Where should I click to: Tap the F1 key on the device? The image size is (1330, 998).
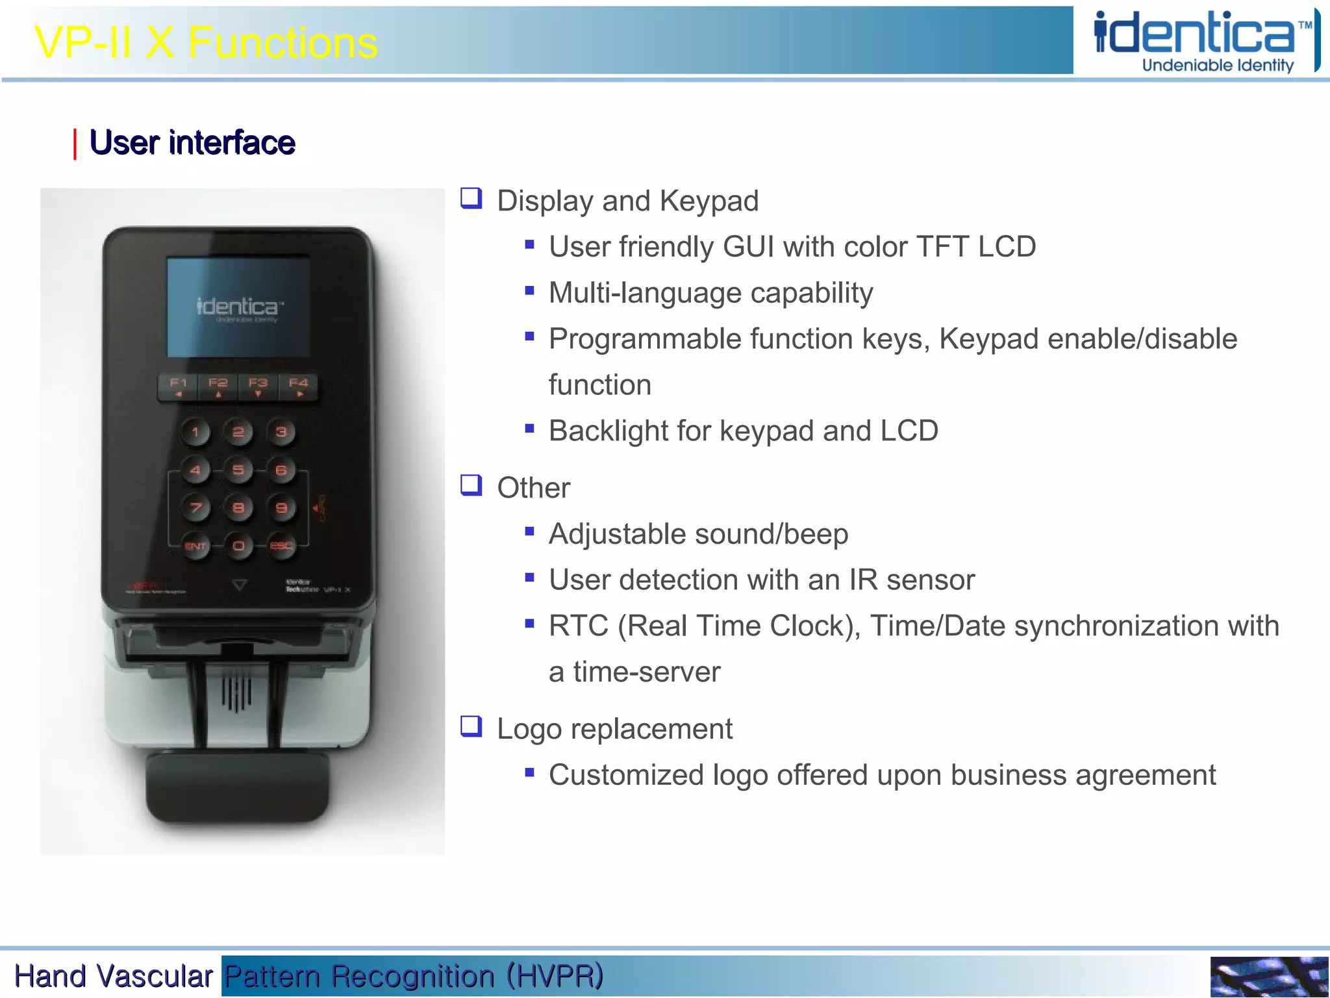tap(178, 387)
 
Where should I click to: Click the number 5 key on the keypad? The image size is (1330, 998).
tap(238, 470)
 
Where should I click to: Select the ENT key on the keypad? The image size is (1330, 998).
tap(195, 546)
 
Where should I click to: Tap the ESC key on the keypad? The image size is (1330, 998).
tap(281, 546)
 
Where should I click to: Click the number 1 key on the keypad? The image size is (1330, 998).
tap(195, 431)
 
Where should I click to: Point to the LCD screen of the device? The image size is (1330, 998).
tap(238, 307)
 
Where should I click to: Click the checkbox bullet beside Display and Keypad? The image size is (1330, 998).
tap(471, 198)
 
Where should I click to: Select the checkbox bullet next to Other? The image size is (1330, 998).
tap(471, 485)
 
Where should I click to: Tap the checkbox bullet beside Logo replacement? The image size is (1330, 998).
tap(471, 726)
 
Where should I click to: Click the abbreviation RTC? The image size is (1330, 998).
tap(579, 626)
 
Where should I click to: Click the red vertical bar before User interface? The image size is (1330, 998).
tap(75, 144)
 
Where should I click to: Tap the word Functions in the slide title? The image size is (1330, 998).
tap(282, 44)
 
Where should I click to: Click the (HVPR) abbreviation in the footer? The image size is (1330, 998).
tap(555, 976)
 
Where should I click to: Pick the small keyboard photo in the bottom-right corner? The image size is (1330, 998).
tap(1269, 977)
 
